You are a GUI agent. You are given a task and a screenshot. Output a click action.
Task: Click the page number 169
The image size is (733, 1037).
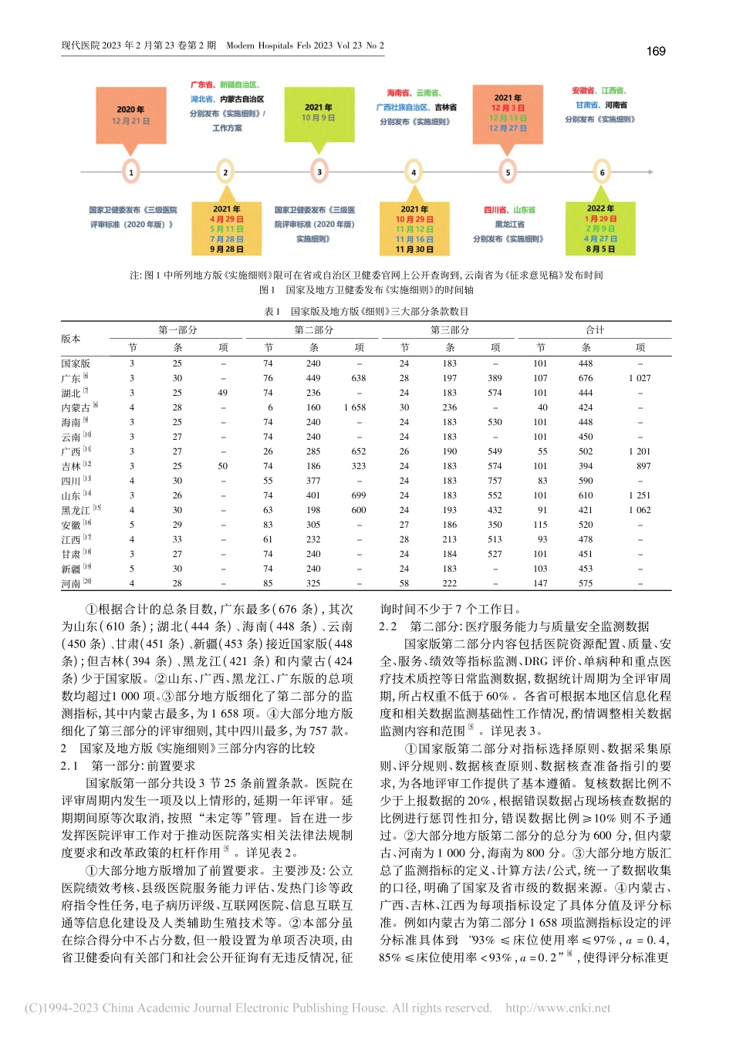click(x=655, y=51)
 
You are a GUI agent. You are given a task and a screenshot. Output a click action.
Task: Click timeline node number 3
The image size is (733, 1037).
click(x=319, y=171)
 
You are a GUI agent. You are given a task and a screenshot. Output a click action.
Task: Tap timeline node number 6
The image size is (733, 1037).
click(x=602, y=172)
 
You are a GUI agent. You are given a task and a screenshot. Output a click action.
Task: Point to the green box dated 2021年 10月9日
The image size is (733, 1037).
click(x=319, y=113)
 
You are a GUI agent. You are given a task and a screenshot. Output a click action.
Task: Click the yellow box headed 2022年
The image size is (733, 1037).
click(x=600, y=228)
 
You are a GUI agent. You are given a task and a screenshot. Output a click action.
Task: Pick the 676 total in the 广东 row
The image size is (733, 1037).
click(x=586, y=378)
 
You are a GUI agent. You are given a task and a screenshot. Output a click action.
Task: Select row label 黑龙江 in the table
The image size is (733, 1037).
click(x=76, y=510)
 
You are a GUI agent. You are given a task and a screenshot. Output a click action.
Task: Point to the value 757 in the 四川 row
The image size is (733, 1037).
click(x=495, y=481)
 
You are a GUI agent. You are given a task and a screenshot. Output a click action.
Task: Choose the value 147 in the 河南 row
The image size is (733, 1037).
click(x=541, y=583)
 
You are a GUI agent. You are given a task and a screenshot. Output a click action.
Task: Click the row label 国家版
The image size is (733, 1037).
click(x=76, y=363)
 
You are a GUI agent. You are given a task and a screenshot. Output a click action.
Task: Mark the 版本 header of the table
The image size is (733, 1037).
click(x=71, y=339)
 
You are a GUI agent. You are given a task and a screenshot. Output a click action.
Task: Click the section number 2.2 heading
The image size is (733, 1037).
click(x=388, y=627)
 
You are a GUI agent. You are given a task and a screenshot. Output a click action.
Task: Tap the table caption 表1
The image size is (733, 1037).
click(x=272, y=312)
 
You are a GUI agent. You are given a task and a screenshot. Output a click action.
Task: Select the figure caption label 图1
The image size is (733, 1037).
click(x=267, y=290)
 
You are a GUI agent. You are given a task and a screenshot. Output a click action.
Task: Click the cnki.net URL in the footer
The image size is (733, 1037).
click(x=558, y=1008)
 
